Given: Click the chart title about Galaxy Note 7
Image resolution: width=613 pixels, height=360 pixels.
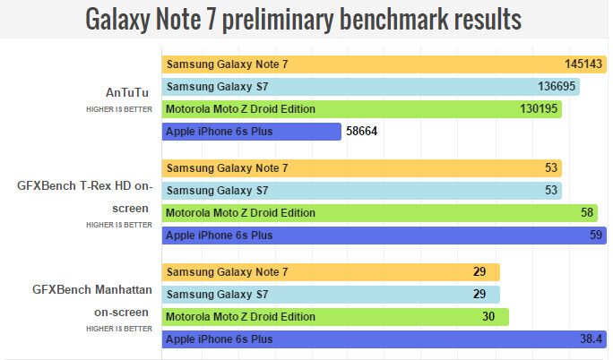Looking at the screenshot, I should (x=305, y=19).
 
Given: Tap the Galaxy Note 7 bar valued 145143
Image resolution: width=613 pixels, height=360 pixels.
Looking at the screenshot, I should (x=376, y=64).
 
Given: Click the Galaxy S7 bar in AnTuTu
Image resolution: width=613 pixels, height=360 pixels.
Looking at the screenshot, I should (x=370, y=87).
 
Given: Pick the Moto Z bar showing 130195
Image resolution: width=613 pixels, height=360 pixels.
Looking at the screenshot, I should (x=362, y=109).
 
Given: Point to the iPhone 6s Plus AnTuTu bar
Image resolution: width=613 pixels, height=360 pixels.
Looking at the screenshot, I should (x=252, y=132).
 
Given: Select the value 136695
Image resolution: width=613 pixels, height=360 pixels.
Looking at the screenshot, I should (x=551, y=87).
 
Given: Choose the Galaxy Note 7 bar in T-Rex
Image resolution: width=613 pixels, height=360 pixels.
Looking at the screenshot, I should (x=362, y=168).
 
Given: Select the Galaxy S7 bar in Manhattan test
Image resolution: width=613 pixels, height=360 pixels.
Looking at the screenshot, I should (x=331, y=294).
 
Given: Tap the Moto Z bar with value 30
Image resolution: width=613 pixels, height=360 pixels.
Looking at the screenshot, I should (x=335, y=316).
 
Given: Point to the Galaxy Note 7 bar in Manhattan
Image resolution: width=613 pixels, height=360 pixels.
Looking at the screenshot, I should (x=331, y=271).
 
